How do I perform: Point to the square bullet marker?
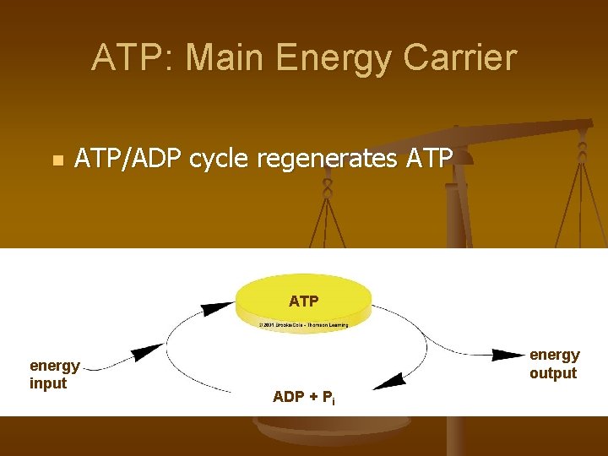pos(57,160)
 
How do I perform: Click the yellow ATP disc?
pos(303,300)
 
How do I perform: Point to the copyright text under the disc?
pos(303,323)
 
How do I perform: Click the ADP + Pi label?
pos(303,397)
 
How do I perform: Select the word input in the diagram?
pos(48,383)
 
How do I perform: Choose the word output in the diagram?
pos(553,373)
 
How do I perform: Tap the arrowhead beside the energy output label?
pos(508,354)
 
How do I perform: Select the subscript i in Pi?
pos(333,401)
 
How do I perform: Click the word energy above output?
pos(554,355)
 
